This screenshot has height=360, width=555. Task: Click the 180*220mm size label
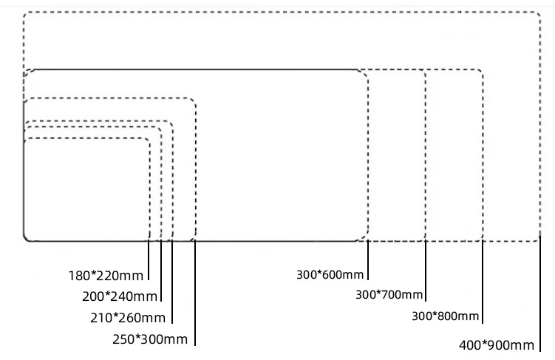point(106,276)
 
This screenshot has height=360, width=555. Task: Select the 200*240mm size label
point(120,297)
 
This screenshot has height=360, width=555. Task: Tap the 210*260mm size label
point(128,318)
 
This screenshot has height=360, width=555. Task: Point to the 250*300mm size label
point(150,339)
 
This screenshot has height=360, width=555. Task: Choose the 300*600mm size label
point(330,275)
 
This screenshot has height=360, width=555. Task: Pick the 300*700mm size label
point(389,295)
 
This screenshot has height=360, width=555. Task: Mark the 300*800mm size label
point(446,316)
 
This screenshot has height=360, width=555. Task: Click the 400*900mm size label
point(497,345)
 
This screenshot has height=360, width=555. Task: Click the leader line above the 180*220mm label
point(149,259)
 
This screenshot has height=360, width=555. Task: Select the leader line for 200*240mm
point(161,270)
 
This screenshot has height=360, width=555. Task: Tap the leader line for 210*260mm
point(172,281)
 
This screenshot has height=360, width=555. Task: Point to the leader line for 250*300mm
point(195,292)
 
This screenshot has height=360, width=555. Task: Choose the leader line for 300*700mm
point(426,271)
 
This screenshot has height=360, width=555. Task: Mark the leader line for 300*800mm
point(483,281)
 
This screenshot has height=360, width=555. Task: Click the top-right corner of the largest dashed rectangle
point(539,13)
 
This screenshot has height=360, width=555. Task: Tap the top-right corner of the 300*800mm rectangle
point(481,72)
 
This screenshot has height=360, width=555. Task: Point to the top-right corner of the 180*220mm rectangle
point(148,140)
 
